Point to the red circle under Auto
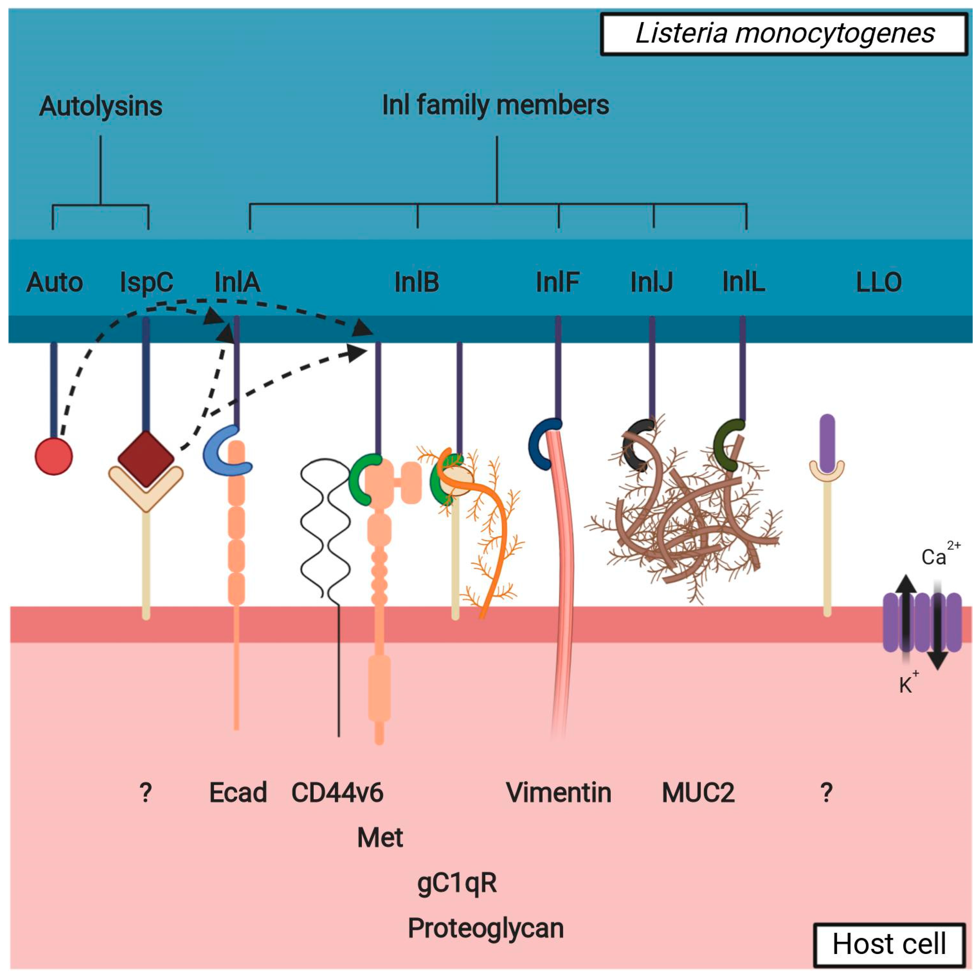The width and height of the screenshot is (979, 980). point(54,456)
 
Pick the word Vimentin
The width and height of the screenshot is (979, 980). point(558,793)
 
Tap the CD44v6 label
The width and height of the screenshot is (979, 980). point(337,793)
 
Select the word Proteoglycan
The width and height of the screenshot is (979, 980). point(486,928)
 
